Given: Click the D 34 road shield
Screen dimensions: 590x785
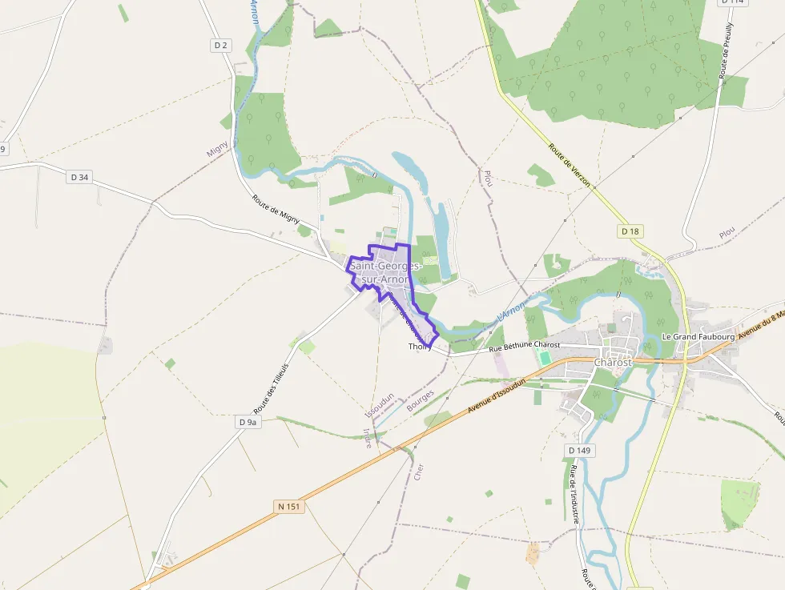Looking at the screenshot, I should [78, 177].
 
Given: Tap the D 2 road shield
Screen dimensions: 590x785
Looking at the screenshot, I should [221, 46].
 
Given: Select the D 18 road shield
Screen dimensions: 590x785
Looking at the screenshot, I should [630, 231].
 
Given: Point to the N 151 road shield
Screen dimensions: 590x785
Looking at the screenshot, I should [289, 506].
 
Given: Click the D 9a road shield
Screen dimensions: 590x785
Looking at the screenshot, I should [249, 421].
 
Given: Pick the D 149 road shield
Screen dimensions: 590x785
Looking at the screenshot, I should [579, 451].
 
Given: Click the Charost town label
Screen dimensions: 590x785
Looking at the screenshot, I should [613, 362].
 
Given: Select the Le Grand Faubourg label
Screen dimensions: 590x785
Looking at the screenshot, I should [698, 337].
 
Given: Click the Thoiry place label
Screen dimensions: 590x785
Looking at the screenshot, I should [420, 347].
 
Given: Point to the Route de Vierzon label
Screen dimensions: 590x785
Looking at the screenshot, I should [570, 165].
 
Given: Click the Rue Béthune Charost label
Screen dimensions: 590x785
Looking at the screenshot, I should [525, 345].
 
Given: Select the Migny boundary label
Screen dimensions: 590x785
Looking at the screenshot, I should [217, 149].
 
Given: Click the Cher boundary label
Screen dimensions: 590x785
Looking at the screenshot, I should [418, 472].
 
